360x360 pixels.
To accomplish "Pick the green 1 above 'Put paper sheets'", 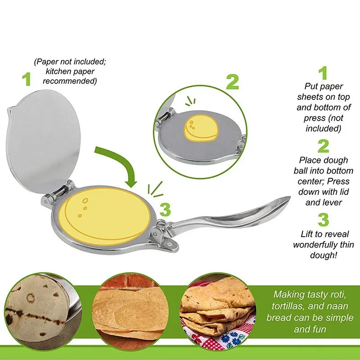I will tap(323, 73).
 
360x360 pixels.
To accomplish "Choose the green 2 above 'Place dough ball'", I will tap(323, 146).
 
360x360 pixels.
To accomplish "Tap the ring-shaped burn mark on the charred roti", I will tap(31, 297).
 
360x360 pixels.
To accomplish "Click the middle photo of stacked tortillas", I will tap(130, 310).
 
